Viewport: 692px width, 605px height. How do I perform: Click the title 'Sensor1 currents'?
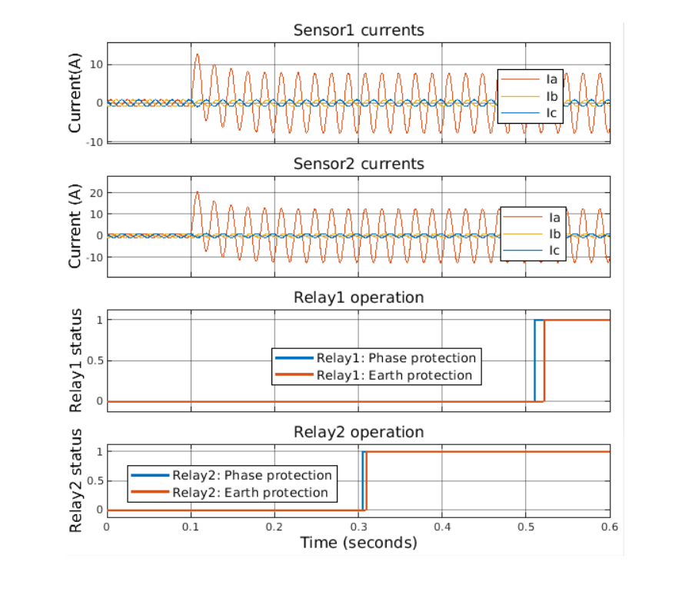[x=358, y=31]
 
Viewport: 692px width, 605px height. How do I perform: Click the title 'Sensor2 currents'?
[x=358, y=164]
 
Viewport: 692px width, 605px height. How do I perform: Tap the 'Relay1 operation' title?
[x=358, y=298]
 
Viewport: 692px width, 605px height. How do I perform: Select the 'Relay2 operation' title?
[x=358, y=432]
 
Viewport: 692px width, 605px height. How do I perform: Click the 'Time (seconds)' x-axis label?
[x=358, y=543]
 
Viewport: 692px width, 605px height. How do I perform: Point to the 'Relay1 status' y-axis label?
[x=76, y=360]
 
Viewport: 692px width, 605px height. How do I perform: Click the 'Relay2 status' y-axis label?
[x=76, y=480]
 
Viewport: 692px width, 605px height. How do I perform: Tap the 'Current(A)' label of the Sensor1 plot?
[x=76, y=92]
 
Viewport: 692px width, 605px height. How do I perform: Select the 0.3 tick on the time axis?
[x=358, y=527]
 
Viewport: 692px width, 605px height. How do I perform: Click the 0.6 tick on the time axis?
[x=610, y=527]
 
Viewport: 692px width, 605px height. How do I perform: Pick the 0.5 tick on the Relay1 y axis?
[x=93, y=361]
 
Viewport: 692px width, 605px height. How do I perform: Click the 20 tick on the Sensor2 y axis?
[x=95, y=193]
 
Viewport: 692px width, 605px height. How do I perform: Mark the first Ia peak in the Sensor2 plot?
[x=197, y=192]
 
